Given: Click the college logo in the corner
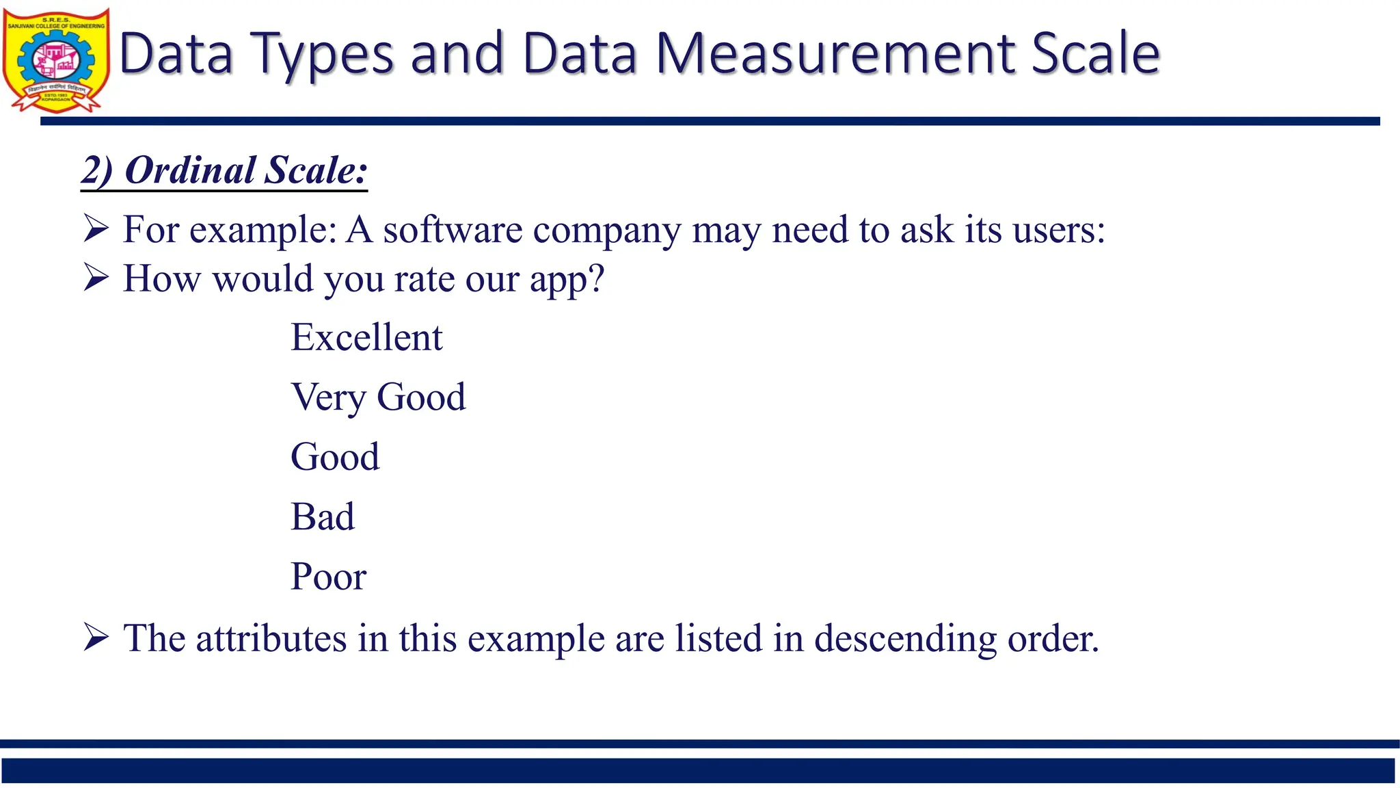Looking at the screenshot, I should (x=56, y=61).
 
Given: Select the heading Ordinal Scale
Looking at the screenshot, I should (x=224, y=170).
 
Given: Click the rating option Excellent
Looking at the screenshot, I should (x=366, y=337).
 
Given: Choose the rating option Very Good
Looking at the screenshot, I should (x=378, y=397).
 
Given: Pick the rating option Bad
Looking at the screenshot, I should (x=323, y=516).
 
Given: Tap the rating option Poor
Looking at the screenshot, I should (x=328, y=577).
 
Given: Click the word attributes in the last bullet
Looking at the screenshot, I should (x=271, y=638).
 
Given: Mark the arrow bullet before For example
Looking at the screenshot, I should (x=96, y=228).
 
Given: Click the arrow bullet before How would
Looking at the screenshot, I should (x=96, y=278).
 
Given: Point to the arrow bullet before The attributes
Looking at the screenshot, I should (x=96, y=637).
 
